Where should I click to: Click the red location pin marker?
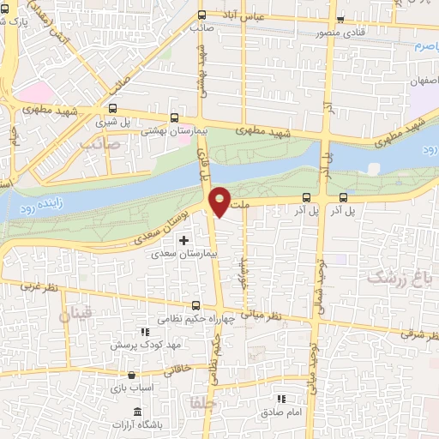click(x=219, y=201)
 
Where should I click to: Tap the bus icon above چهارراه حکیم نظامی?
click(x=196, y=304)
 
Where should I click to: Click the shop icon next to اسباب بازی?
click(x=130, y=375)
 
